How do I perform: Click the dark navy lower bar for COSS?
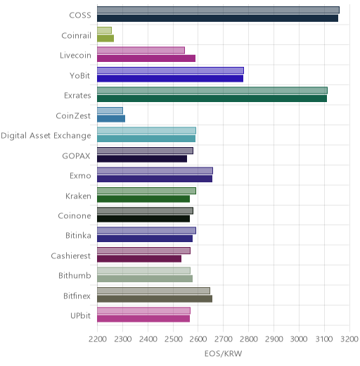pyautogui.click(x=217, y=18)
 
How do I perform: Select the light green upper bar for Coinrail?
pyautogui.click(x=104, y=30)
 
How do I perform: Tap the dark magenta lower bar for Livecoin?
pyautogui.click(x=146, y=58)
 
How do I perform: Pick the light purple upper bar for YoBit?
pyautogui.click(x=170, y=70)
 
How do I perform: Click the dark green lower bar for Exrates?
pyautogui.click(x=212, y=99)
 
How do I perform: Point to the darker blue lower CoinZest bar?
pyautogui.click(x=111, y=118)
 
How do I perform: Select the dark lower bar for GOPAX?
pyautogui.click(x=142, y=158)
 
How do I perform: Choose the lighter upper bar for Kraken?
pyautogui.click(x=146, y=191)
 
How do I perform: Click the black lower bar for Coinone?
pyautogui.click(x=143, y=219)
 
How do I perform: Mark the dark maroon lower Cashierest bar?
pyautogui.click(x=139, y=259)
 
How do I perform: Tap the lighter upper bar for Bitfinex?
pyautogui.click(x=153, y=291)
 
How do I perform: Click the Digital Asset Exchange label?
pyautogui.click(x=46, y=136)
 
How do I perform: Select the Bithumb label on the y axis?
pyautogui.click(x=75, y=275)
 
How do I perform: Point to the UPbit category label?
pyautogui.click(x=81, y=315)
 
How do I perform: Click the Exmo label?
pyautogui.click(x=80, y=176)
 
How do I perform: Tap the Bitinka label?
pyautogui.click(x=78, y=235)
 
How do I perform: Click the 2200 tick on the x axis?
pyautogui.click(x=98, y=339)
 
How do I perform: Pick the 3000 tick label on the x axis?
pyautogui.click(x=299, y=339)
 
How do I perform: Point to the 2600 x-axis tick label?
pyautogui.click(x=198, y=339)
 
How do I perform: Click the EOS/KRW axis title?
pyautogui.click(x=223, y=353)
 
